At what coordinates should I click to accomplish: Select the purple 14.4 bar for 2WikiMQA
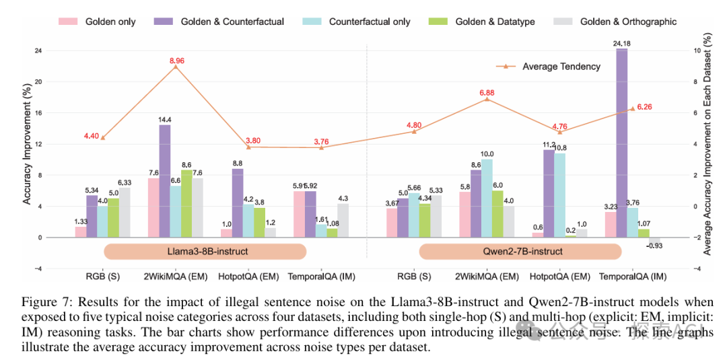164,181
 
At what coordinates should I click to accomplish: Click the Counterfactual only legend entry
369,22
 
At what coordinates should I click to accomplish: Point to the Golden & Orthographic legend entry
627,22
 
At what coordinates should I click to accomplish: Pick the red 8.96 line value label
176,61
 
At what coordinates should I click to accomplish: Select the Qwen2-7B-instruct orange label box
520,251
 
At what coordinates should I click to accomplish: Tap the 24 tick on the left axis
38,50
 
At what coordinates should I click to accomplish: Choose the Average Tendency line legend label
561,66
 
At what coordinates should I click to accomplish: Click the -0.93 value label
654,246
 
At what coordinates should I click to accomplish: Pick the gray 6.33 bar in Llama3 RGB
124,213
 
